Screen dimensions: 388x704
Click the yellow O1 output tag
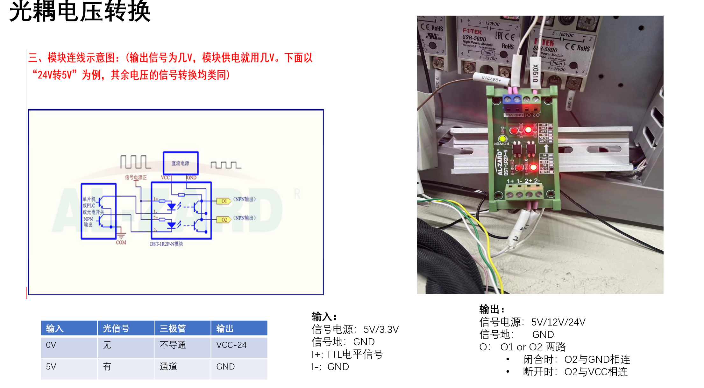point(224,201)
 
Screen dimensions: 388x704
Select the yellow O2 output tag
point(224,220)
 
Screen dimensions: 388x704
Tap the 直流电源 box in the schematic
point(181,163)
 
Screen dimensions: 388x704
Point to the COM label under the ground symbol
point(121,243)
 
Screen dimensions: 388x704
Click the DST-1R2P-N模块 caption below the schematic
point(166,244)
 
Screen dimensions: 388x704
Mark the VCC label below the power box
point(165,178)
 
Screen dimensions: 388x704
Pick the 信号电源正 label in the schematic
point(136,178)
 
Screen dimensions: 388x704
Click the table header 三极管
point(173,328)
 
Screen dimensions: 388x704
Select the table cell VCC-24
point(231,345)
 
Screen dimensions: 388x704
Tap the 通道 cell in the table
point(168,367)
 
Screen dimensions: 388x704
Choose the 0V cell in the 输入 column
point(51,345)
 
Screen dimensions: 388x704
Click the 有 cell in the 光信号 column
point(107,367)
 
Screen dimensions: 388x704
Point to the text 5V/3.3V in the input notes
point(381,329)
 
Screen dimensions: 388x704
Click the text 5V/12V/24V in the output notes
point(558,322)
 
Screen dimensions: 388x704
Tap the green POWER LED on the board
point(502,139)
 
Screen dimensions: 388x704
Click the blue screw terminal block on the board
point(512,101)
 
